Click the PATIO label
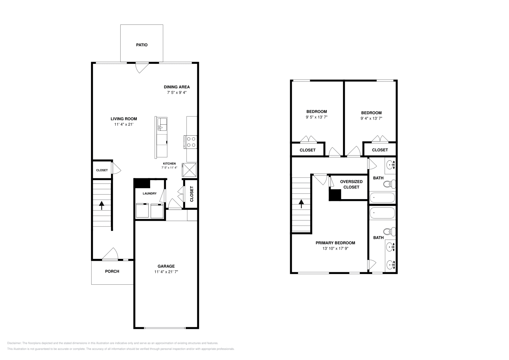142,45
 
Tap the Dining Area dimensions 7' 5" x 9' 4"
177,93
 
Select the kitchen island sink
162,123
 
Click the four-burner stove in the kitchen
191,142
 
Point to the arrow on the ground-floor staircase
101,205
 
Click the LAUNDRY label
150,193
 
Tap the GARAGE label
166,266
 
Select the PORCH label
112,271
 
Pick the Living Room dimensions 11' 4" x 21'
124,125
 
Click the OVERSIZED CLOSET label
351,184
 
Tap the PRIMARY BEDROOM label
335,243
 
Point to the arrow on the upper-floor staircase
301,204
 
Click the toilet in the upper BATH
389,184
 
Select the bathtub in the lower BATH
382,213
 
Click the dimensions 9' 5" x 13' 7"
316,117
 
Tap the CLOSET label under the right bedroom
380,150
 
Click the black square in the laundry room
142,183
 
